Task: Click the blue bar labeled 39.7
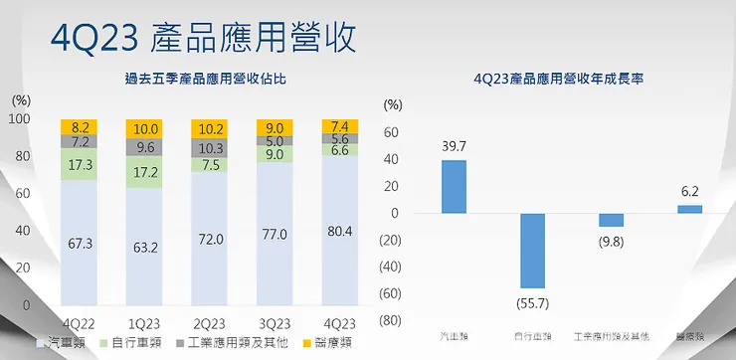point(454,187)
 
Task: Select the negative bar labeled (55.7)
point(532,251)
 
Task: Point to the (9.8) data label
point(611,240)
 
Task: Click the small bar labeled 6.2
point(689,209)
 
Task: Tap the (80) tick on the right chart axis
point(392,320)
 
